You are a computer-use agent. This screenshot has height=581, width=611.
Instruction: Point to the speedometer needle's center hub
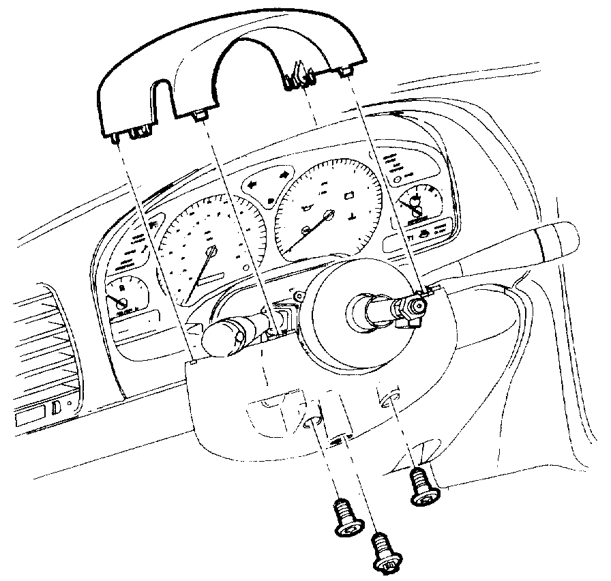210,252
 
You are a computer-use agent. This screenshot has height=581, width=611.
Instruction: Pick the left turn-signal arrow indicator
254,184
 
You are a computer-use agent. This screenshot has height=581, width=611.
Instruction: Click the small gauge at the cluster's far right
417,203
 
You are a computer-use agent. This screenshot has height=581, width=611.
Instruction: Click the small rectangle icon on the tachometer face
350,196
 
